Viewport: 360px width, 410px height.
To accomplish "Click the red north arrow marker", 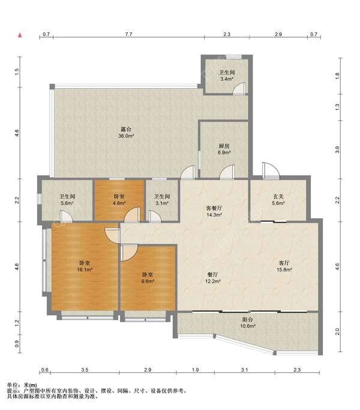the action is (x=20, y=35).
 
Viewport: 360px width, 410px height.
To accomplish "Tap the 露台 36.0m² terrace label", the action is (x=126, y=132).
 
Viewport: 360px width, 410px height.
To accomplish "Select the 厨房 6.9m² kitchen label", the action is (x=224, y=149).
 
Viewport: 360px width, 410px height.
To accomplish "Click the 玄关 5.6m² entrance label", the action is (x=278, y=200).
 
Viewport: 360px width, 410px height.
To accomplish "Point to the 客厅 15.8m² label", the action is (x=284, y=266).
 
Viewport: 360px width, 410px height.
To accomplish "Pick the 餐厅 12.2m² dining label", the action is (x=212, y=278).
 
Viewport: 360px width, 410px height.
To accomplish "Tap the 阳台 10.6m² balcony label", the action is (x=248, y=322).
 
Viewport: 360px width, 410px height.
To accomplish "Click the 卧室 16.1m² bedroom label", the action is (x=85, y=266).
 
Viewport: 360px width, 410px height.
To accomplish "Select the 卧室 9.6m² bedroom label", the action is (x=148, y=278).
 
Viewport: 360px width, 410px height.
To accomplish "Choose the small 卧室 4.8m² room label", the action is (x=119, y=200).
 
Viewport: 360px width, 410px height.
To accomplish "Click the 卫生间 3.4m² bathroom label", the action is (x=227, y=76).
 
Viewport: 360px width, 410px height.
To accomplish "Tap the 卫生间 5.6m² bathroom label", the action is (x=67, y=200).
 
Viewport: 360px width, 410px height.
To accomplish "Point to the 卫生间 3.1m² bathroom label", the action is (x=162, y=200).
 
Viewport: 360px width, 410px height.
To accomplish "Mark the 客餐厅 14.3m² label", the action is (x=214, y=211).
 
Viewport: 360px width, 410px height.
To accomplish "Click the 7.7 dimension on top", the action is (x=128, y=34).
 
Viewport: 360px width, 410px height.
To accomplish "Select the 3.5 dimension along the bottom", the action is (x=85, y=370).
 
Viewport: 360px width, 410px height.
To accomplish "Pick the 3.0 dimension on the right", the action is (x=337, y=150).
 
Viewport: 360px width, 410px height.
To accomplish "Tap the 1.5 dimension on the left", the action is (x=17, y=72).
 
